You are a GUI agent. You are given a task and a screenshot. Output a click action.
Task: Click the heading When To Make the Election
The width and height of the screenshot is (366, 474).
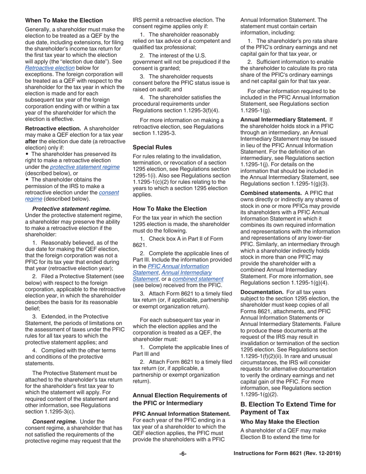(64, 20)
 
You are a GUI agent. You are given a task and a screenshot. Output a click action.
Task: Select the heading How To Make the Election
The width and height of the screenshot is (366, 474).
(170, 208)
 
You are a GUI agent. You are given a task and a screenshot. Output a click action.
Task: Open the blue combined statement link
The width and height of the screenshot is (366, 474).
(198, 279)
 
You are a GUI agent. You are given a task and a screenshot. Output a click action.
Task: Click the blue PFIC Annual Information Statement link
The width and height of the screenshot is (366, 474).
(178, 266)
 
